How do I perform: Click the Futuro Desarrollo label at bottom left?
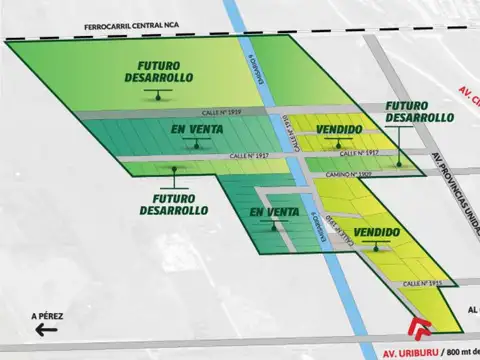click(174, 204)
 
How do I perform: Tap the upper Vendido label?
click(338, 130)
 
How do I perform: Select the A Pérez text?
click(47, 317)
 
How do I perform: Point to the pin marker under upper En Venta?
click(194, 145)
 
